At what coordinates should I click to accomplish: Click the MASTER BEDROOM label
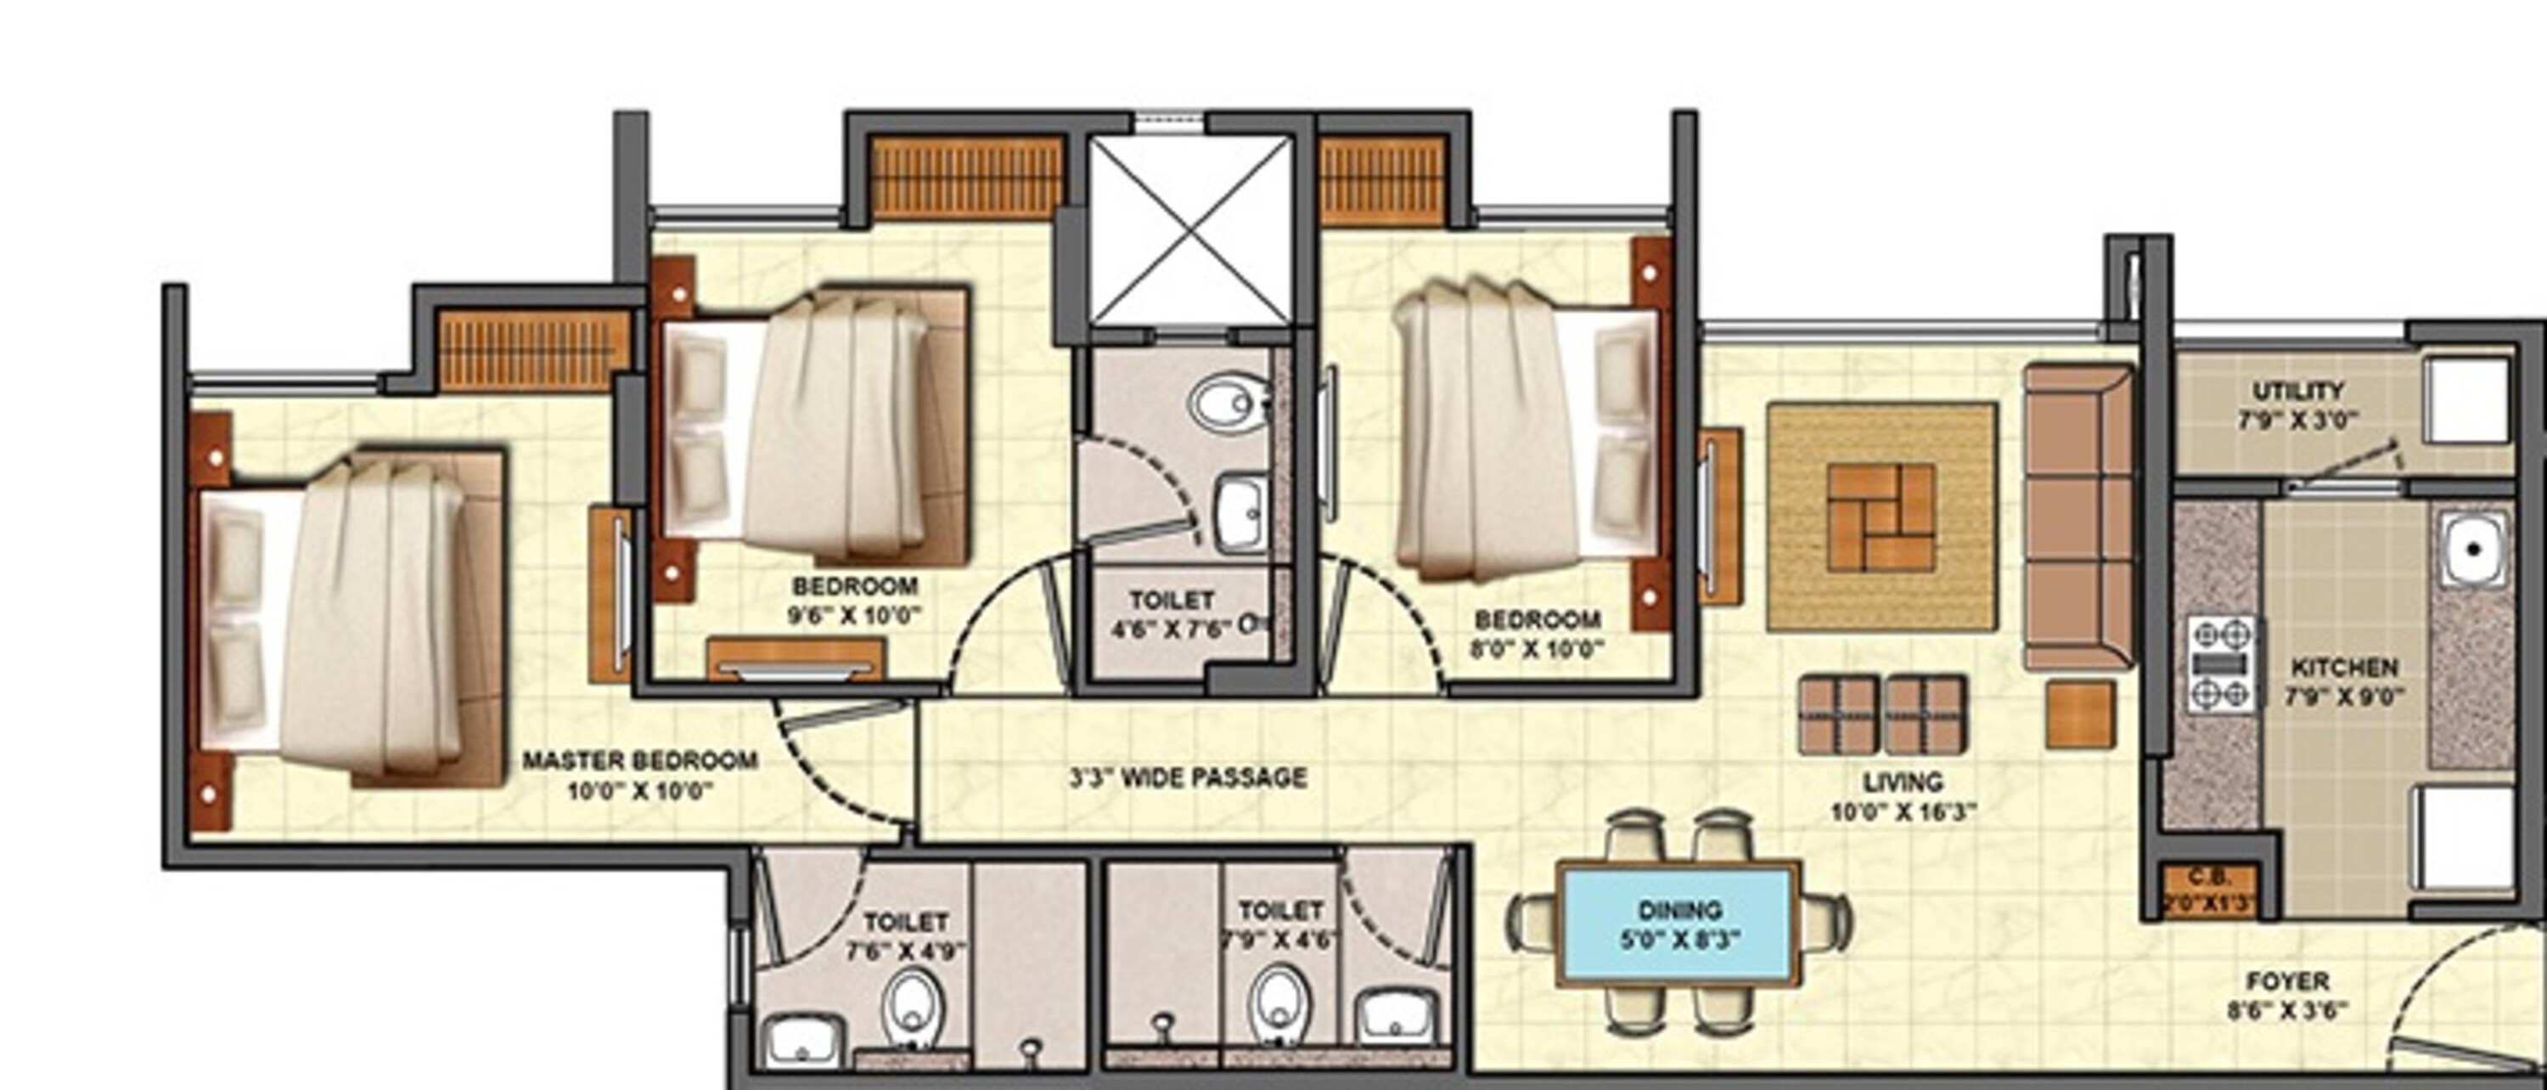point(639,760)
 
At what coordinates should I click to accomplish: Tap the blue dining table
point(1678,925)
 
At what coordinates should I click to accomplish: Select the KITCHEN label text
point(2344,669)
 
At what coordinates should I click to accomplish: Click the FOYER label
point(2288,982)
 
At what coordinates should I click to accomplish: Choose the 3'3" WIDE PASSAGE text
point(1188,778)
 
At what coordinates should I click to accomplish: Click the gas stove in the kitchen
point(2222,664)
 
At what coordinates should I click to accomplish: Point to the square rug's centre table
point(1881,517)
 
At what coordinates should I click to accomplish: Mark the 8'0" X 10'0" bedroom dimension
point(1538,649)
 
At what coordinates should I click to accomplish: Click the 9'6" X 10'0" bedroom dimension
point(853,615)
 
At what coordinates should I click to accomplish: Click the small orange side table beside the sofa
point(2080,713)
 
